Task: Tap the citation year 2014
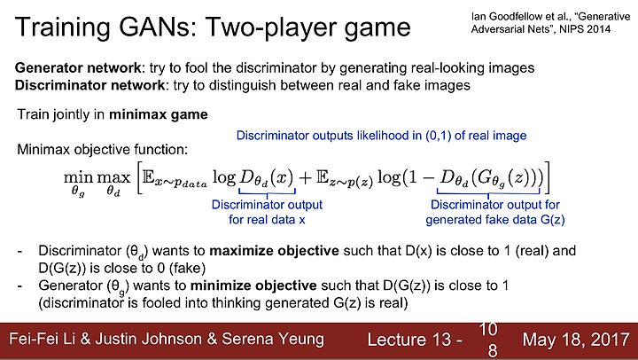pos(598,29)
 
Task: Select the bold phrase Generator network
pos(78,67)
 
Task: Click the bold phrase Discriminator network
pos(89,85)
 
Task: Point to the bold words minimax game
pos(159,114)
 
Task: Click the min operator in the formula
pos(78,178)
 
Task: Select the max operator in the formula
pos(113,178)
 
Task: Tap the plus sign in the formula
pos(305,178)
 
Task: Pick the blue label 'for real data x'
pos(267,220)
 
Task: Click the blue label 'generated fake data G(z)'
pos(495,220)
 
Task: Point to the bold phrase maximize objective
pos(274,251)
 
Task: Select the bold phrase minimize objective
pos(253,286)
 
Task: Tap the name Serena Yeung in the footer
pos(273,339)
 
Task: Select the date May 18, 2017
pos(576,340)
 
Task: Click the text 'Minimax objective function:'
pos(103,150)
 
